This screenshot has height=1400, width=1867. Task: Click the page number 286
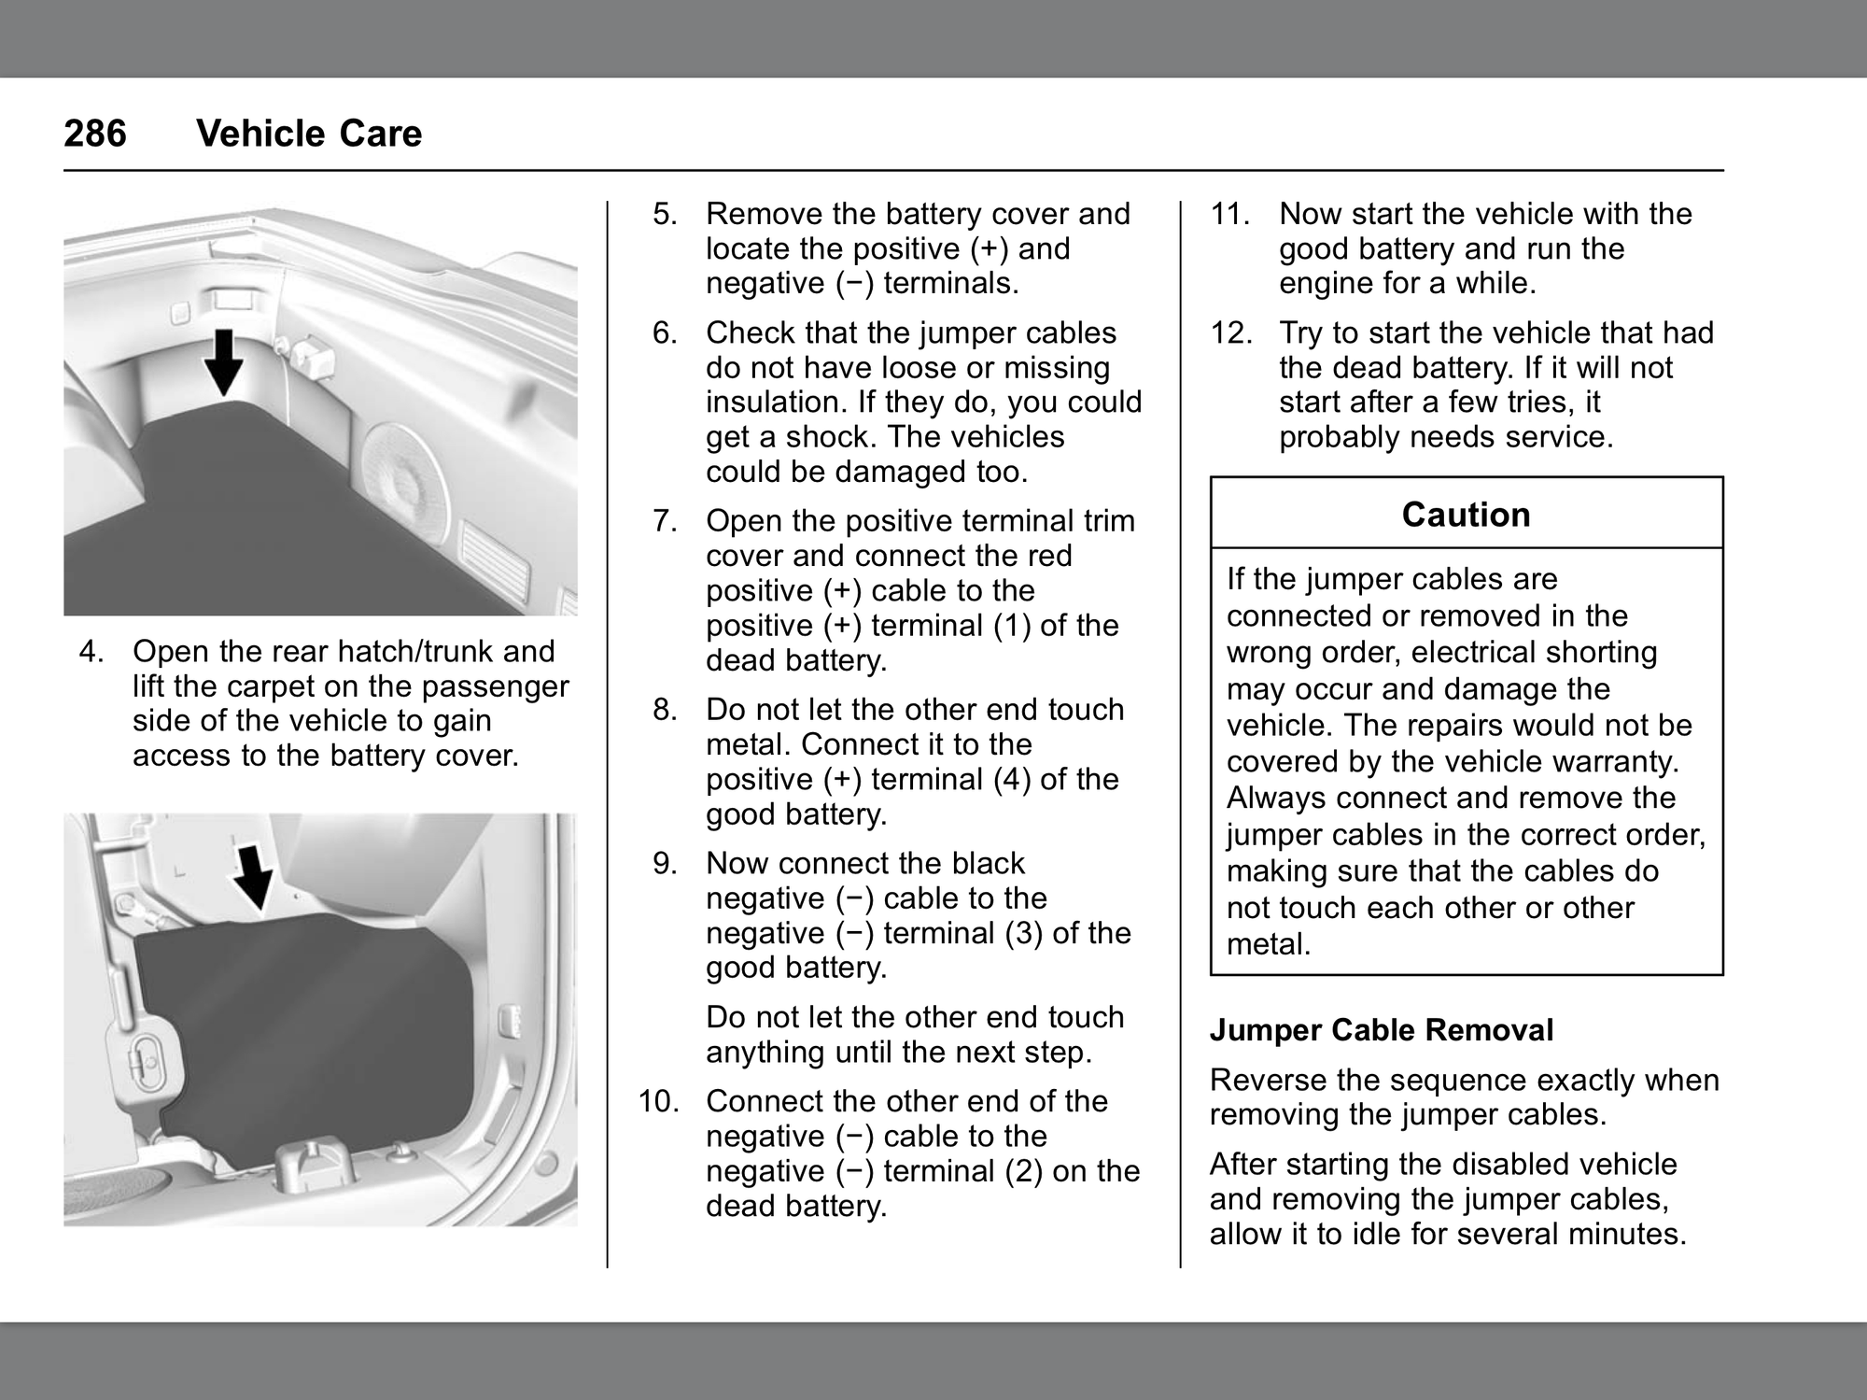[x=95, y=134]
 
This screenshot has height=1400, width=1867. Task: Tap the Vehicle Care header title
[x=309, y=134]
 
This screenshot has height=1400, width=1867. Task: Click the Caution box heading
[x=1466, y=515]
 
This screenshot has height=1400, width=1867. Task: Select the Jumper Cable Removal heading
[x=1382, y=1030]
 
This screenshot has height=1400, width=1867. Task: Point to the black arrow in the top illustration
[x=224, y=361]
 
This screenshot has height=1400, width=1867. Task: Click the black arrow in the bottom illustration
[x=252, y=877]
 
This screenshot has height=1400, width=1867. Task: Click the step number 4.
[x=91, y=651]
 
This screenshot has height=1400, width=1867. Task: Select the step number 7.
[x=665, y=520]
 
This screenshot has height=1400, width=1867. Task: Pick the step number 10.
[x=659, y=1101]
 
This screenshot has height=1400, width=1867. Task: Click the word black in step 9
[x=984, y=863]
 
